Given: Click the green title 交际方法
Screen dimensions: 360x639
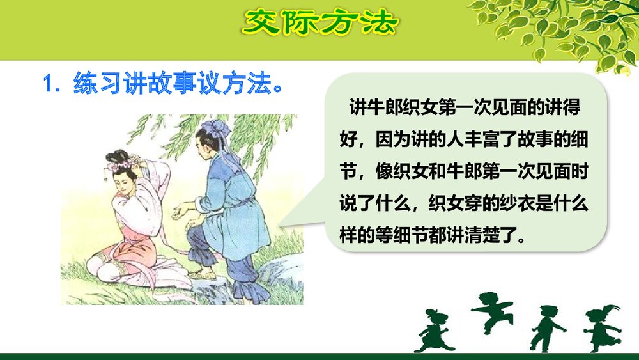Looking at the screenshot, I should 319,24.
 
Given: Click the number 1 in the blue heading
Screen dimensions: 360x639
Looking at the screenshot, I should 47,84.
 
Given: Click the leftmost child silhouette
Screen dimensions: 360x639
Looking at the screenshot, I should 434,330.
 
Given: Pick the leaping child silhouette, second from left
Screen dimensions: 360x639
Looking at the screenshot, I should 490,311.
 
